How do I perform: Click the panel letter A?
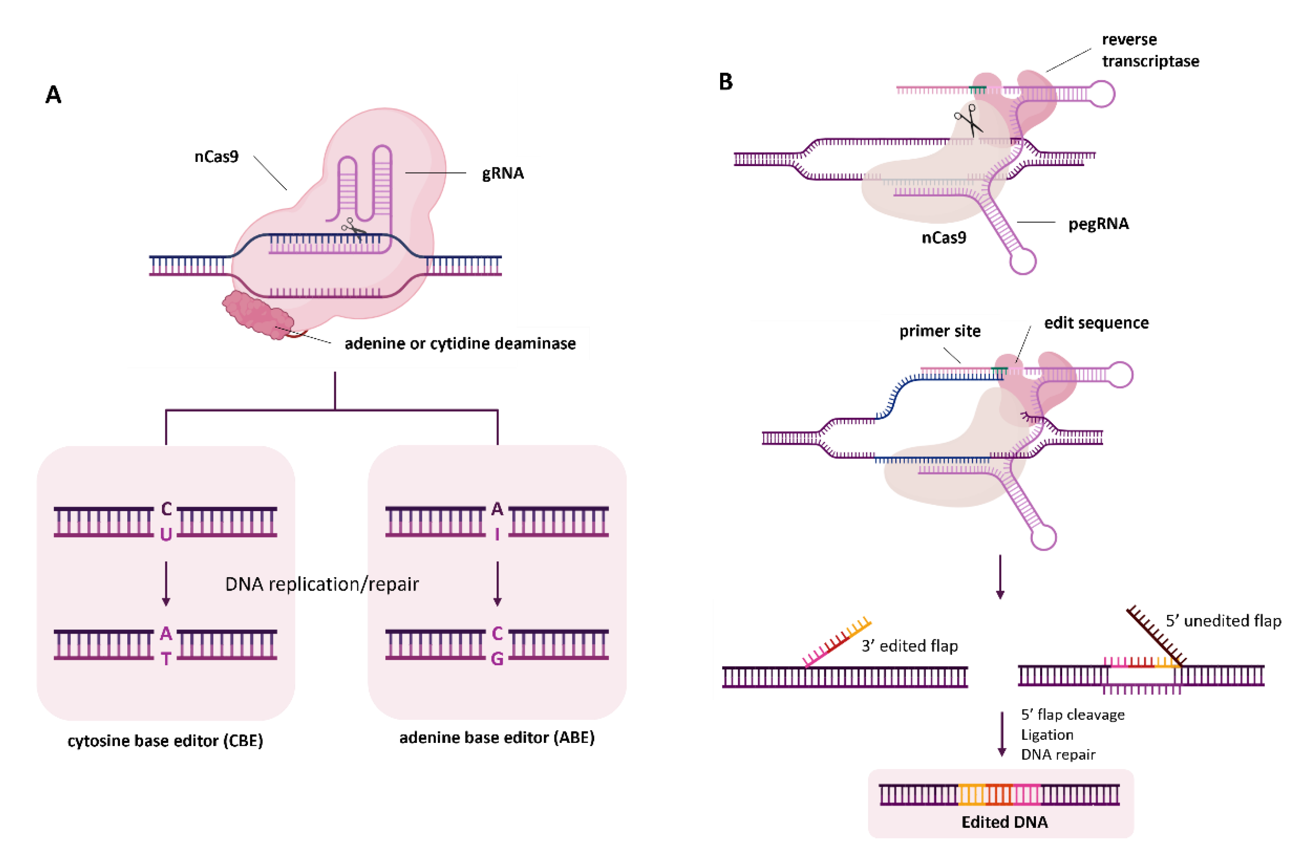click(x=53, y=95)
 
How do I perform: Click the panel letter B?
click(x=726, y=82)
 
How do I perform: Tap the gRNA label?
click(x=503, y=173)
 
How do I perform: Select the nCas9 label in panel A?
click(x=216, y=157)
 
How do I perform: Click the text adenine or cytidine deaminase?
click(x=460, y=343)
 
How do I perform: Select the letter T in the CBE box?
click(x=166, y=659)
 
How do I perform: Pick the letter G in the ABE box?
click(x=497, y=659)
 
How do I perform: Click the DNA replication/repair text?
click(x=322, y=584)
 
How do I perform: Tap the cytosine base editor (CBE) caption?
click(x=165, y=741)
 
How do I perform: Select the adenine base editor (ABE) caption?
click(x=497, y=738)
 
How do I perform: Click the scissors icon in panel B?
click(x=969, y=121)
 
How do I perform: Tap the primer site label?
click(x=939, y=331)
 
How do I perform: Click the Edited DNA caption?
click(x=1004, y=822)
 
